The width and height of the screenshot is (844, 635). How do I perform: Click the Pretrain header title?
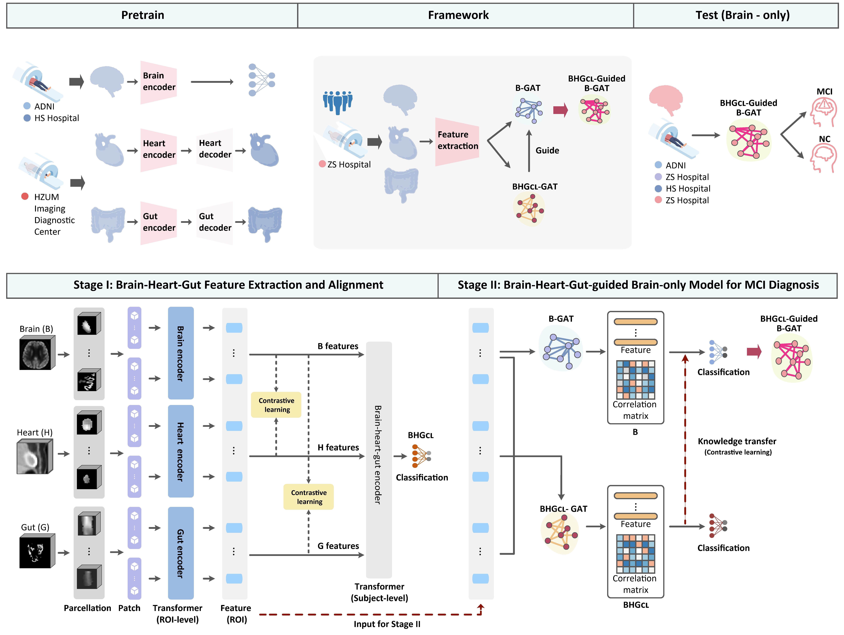coord(143,15)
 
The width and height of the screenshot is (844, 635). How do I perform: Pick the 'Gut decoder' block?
coord(215,222)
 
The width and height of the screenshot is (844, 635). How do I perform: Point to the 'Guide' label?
coord(547,151)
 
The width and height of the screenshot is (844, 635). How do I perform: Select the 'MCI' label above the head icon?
coord(824,92)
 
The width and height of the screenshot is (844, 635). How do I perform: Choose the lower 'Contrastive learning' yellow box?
coord(309,497)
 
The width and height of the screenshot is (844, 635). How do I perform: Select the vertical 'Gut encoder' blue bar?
coord(181,553)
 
